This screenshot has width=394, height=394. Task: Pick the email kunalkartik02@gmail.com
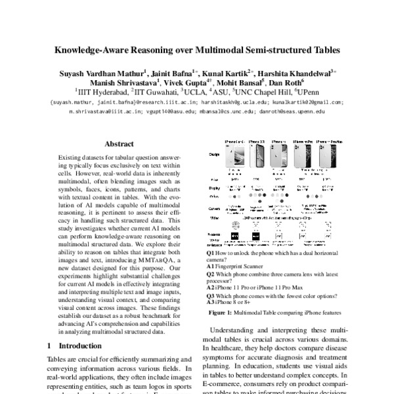pos(307,102)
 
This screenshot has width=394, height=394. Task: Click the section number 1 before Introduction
pos(50,345)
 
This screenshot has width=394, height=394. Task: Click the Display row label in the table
pos(213,186)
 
